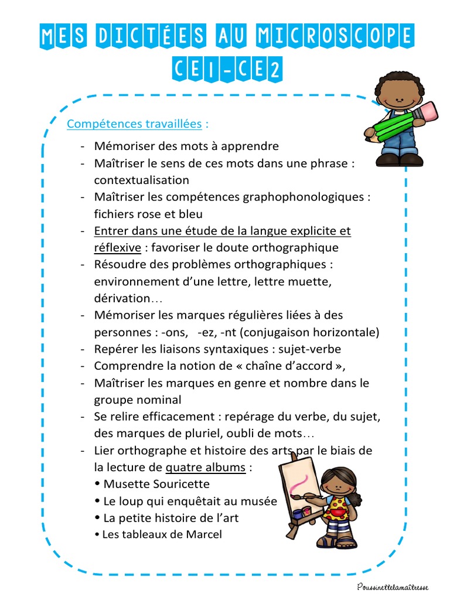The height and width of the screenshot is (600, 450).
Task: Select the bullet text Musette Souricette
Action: tap(156, 484)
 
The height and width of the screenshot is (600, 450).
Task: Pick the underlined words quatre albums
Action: tap(205, 468)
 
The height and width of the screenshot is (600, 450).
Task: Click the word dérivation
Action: tap(122, 298)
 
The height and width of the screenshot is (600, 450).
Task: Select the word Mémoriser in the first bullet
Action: tap(121, 146)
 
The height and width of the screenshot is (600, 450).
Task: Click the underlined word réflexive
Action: tap(117, 247)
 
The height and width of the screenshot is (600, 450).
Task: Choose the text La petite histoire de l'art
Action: tap(171, 518)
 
